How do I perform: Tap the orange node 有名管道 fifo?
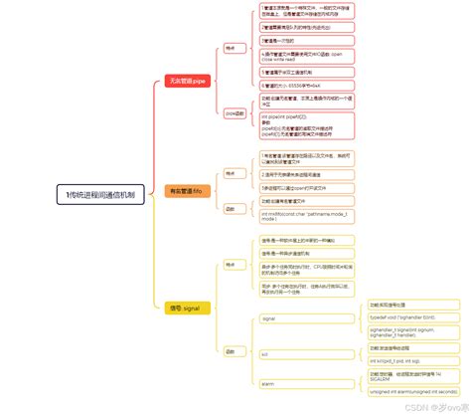pos(187,190)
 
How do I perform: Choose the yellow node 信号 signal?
pos(184,309)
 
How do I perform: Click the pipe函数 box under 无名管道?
pos(232,113)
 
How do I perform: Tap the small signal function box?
pos(268,318)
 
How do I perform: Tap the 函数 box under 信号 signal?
pos(230,350)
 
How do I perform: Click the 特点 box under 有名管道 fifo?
pos(230,173)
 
